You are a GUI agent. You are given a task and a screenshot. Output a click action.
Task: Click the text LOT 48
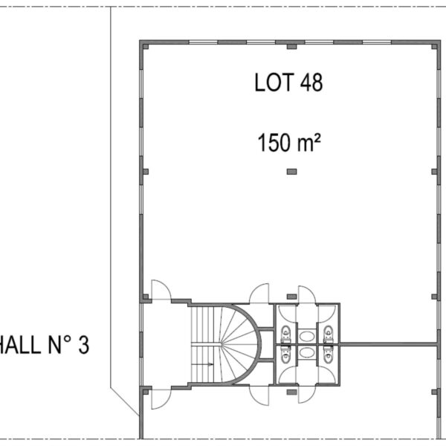(288, 83)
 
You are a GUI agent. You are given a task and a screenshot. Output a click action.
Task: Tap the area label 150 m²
(289, 143)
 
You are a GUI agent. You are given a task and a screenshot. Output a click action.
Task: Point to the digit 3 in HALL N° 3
(83, 345)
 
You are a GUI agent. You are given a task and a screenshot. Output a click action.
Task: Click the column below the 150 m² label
(292, 172)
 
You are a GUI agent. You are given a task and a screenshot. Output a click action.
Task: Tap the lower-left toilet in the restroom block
(286, 355)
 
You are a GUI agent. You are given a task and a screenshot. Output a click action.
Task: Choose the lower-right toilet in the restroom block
(329, 355)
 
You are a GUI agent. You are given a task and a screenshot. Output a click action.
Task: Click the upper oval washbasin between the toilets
(307, 336)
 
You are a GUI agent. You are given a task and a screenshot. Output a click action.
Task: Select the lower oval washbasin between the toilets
(307, 352)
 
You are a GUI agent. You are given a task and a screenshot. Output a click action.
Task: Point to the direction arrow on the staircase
(202, 364)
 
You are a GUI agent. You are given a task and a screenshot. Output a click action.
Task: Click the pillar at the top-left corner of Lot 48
(146, 47)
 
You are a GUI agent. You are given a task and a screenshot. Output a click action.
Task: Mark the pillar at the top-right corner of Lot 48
(434, 47)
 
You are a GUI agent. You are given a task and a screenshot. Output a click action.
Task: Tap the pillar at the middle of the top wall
(292, 47)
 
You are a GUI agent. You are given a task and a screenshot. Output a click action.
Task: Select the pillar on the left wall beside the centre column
(146, 172)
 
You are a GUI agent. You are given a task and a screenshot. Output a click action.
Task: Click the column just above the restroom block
(292, 297)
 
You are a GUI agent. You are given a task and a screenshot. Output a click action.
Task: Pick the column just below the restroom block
(292, 392)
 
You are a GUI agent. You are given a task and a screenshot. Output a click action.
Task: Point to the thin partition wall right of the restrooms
(388, 344)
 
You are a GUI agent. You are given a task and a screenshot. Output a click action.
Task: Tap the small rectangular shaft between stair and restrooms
(267, 344)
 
